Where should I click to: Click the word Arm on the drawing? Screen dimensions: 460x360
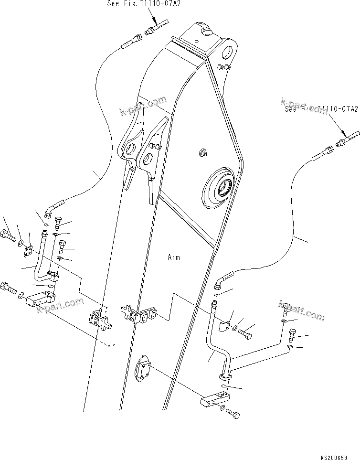[174, 257]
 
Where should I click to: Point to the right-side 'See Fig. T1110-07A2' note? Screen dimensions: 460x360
[321, 109]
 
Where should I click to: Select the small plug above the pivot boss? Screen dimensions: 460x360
[202, 153]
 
